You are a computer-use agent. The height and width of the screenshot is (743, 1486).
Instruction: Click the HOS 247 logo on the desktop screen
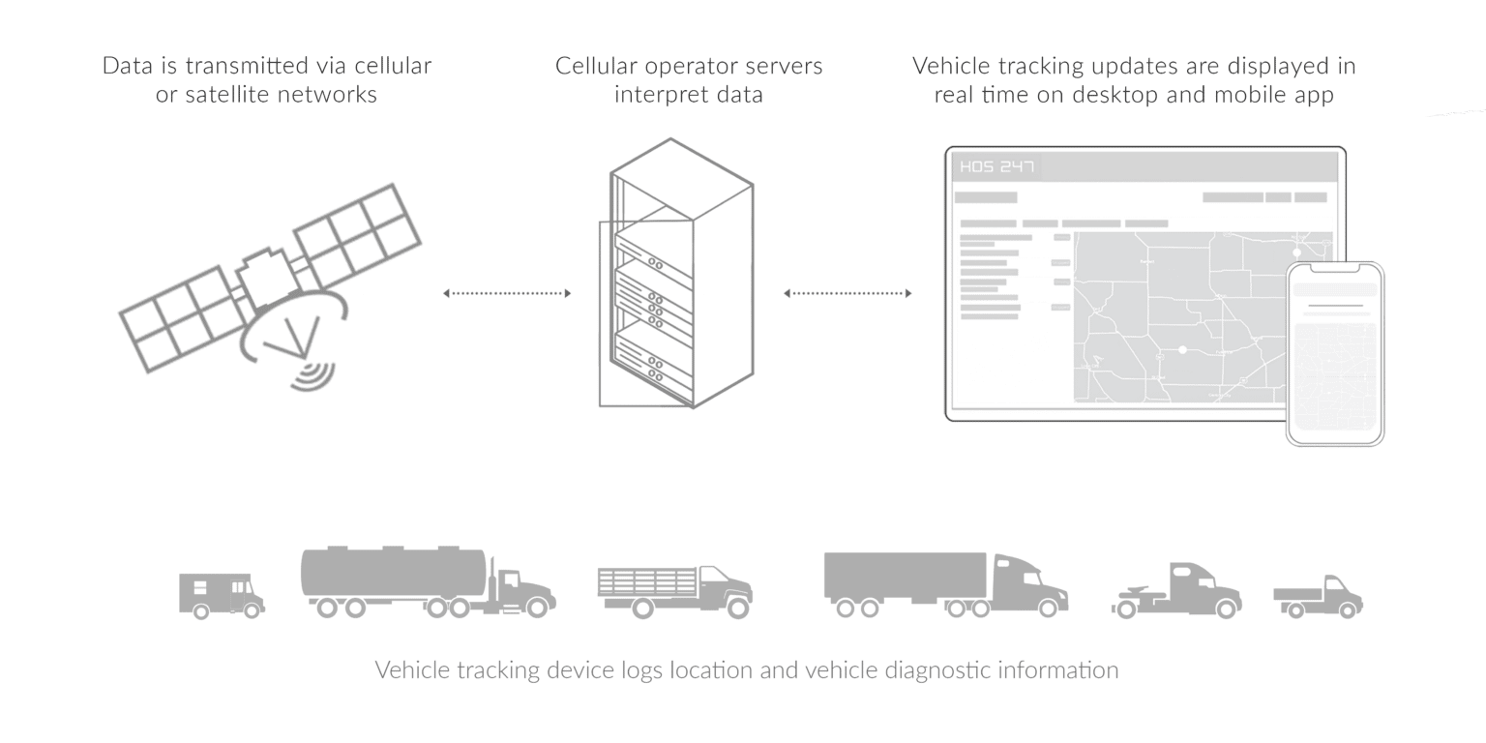(x=996, y=167)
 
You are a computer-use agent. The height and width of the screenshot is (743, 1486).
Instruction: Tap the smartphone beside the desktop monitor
(x=1334, y=354)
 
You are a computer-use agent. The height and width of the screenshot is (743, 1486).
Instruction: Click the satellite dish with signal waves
(x=295, y=335)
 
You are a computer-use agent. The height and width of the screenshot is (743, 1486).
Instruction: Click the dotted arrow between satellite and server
(x=507, y=293)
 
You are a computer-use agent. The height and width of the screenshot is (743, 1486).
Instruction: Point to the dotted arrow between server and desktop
(x=847, y=293)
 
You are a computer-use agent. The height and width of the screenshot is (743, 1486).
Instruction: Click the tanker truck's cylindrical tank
(x=393, y=573)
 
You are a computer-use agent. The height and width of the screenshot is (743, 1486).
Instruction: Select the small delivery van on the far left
(x=221, y=594)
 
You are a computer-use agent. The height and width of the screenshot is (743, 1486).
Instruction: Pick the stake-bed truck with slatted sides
(x=673, y=589)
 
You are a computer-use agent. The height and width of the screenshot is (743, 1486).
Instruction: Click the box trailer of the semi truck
(x=904, y=576)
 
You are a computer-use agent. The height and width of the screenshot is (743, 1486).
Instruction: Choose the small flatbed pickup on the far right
(x=1318, y=596)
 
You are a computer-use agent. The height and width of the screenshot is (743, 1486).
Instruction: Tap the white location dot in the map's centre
(x=1182, y=349)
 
